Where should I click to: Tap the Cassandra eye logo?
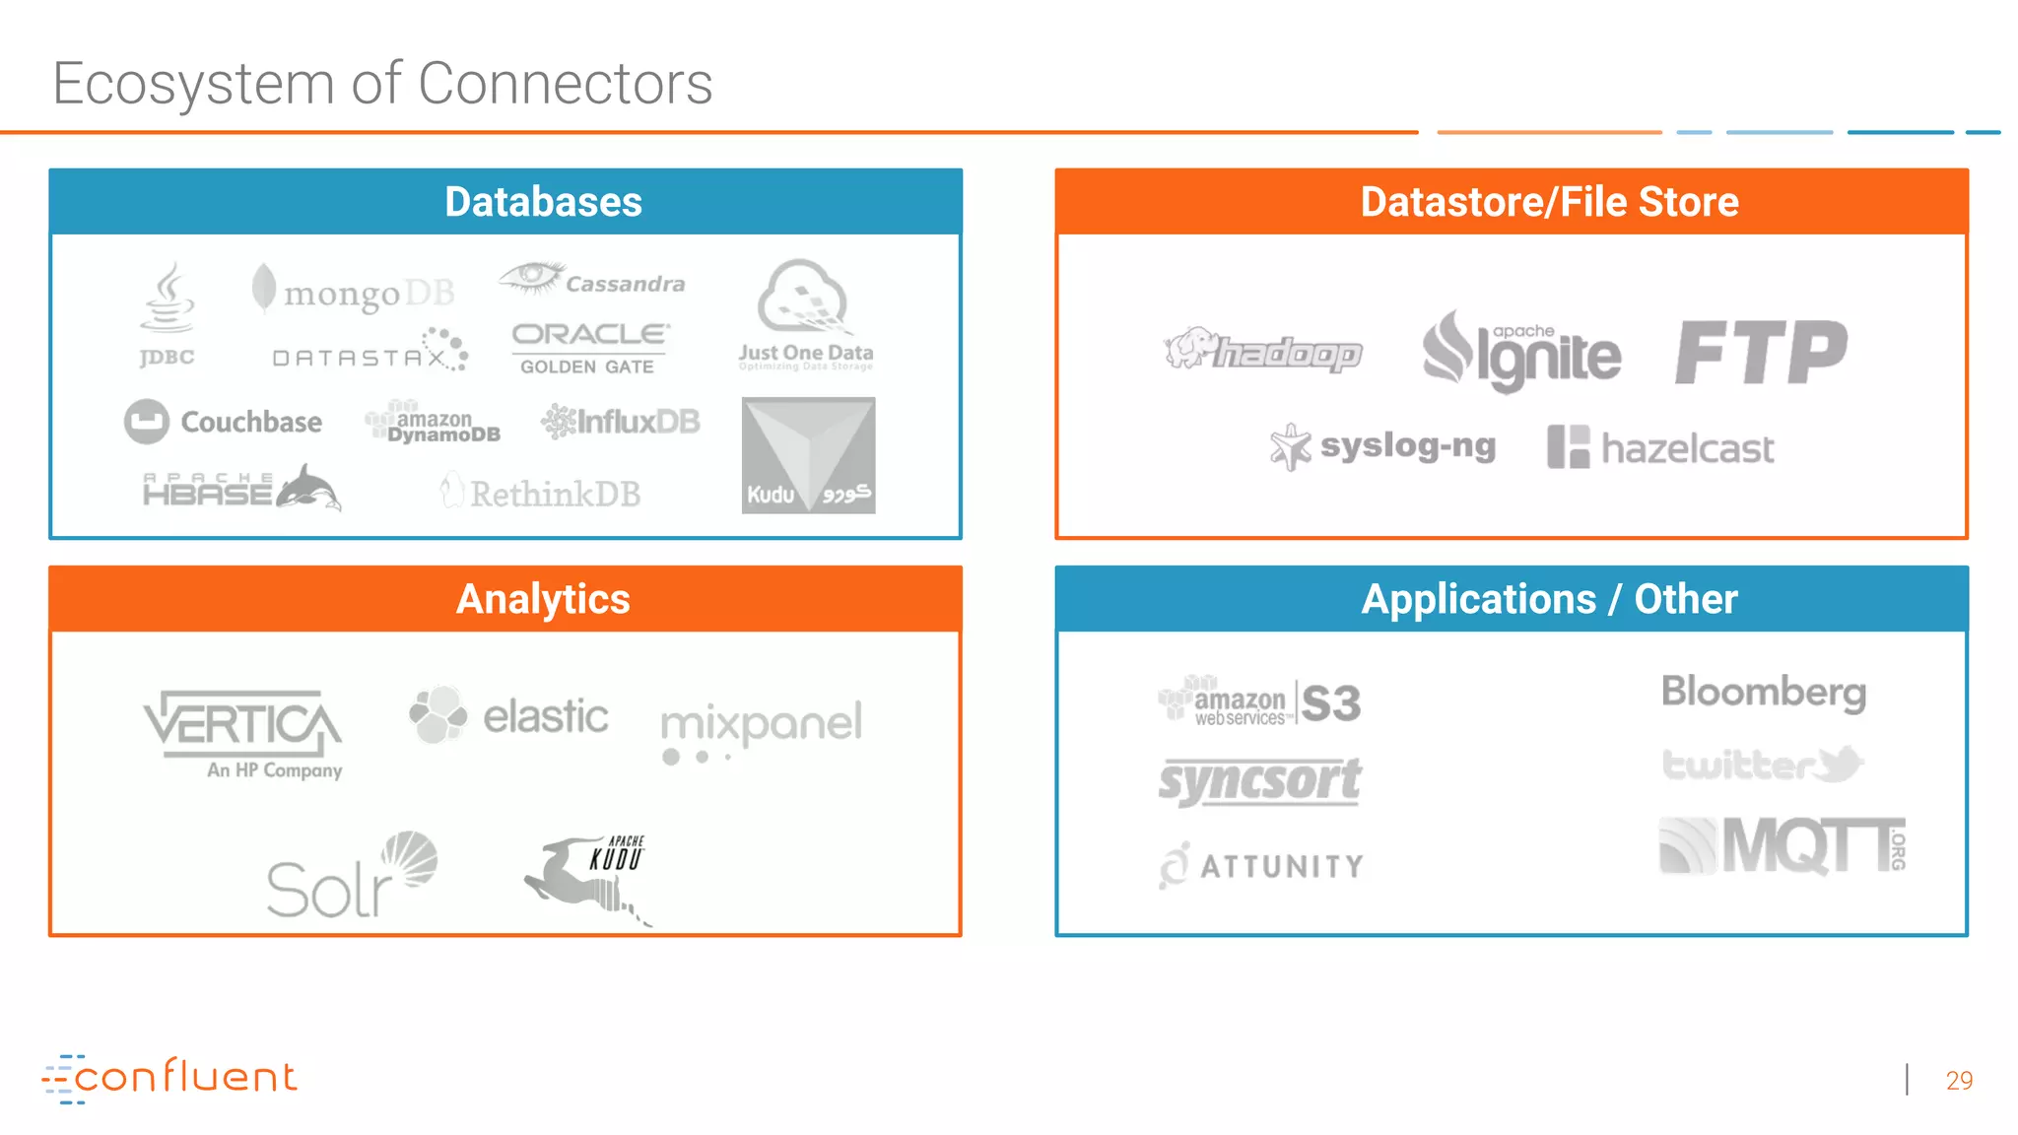point(591,280)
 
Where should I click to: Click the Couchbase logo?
point(224,422)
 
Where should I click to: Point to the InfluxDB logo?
point(621,422)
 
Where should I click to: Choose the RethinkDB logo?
point(541,493)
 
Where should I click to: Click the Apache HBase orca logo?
point(242,489)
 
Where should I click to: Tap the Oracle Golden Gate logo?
point(589,348)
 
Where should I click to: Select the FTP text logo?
point(1761,353)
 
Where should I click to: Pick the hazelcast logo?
point(1660,448)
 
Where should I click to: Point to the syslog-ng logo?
point(1382,447)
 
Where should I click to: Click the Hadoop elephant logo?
point(1263,351)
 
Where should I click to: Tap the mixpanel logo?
point(761,729)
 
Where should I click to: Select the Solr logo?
point(351,877)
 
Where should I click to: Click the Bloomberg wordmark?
point(1763,692)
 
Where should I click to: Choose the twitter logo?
point(1762,765)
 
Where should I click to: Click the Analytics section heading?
point(543,599)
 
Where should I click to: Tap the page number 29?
point(1959,1081)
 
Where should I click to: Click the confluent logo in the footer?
point(169,1078)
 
